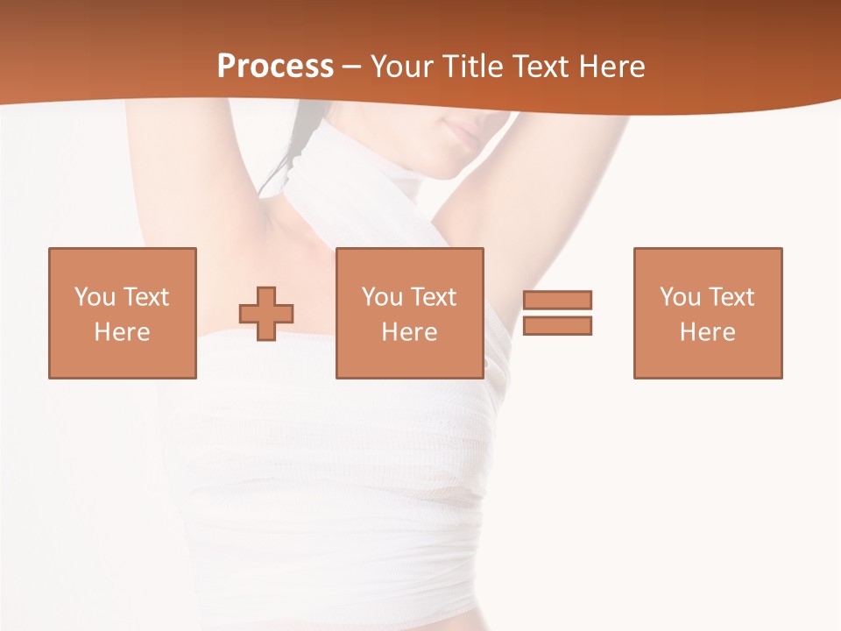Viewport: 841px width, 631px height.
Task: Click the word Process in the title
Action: click(x=275, y=66)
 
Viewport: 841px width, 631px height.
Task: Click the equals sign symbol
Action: click(x=557, y=313)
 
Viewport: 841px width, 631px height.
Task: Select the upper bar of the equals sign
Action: click(x=557, y=300)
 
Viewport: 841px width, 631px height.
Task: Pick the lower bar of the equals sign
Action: click(x=557, y=325)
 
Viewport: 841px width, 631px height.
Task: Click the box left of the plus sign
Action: click(x=122, y=313)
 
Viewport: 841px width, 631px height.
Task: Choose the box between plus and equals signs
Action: click(x=409, y=313)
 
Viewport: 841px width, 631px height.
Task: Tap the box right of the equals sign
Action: click(x=707, y=313)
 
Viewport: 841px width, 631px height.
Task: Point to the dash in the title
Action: click(x=351, y=67)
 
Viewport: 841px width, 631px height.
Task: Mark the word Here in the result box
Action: click(x=707, y=332)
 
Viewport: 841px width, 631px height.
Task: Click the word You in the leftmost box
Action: click(x=93, y=297)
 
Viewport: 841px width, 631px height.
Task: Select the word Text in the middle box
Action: click(x=434, y=297)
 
